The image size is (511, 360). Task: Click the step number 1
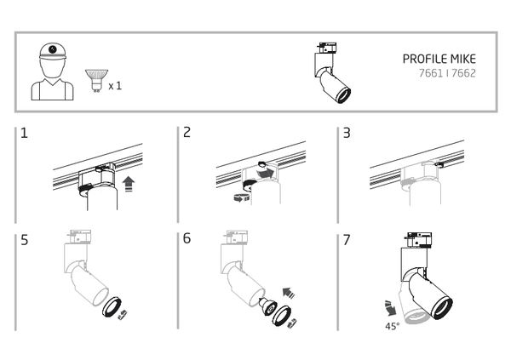pos(26,135)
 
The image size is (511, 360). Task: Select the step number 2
pos(187,135)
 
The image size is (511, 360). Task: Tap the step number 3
pos(347,135)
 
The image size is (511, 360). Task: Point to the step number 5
pos(26,240)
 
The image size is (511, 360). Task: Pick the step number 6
pos(187,240)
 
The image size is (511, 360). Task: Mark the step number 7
pos(347,240)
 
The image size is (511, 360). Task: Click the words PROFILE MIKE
pos(438,60)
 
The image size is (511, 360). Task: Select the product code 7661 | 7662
pos(451,74)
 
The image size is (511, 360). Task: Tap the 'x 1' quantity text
pos(116,86)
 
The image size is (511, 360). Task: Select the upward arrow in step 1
pos(129,182)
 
